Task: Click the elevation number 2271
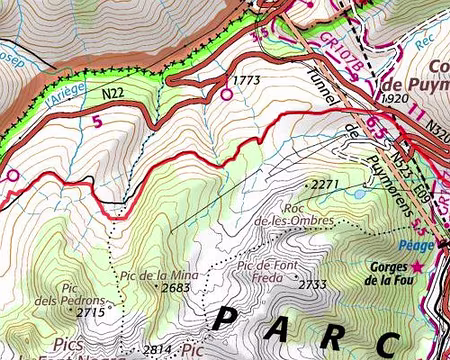click(x=326, y=185)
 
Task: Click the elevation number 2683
click(x=174, y=288)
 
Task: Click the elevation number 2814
click(x=159, y=348)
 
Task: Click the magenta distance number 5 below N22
click(x=97, y=122)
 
